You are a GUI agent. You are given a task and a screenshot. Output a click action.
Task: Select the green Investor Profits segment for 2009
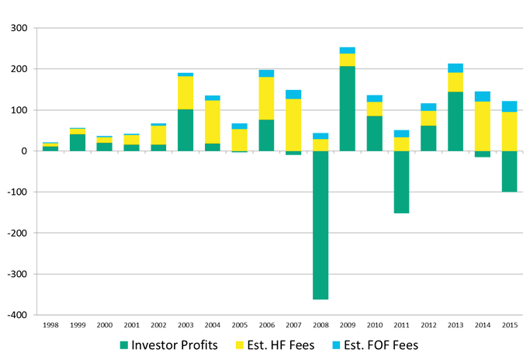click(x=347, y=109)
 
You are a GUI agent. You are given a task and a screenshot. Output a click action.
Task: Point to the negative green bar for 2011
click(x=401, y=182)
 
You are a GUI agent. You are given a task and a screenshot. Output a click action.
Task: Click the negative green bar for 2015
click(x=508, y=171)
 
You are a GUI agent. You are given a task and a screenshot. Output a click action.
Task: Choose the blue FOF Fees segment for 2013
click(x=455, y=68)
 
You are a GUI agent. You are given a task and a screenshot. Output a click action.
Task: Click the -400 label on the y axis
click(x=16, y=315)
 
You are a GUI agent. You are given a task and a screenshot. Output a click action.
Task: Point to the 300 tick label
click(x=18, y=29)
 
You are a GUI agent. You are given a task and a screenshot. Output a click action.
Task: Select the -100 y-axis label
click(x=16, y=192)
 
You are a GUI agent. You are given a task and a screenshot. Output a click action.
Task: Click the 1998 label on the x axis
click(x=51, y=324)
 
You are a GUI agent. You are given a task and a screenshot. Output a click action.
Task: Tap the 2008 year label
click(x=320, y=324)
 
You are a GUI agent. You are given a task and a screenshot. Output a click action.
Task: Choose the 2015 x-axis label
click(x=509, y=324)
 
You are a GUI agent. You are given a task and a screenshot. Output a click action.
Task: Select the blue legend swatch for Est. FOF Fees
click(x=336, y=344)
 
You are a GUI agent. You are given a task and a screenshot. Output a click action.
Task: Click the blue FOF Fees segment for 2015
click(x=508, y=106)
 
